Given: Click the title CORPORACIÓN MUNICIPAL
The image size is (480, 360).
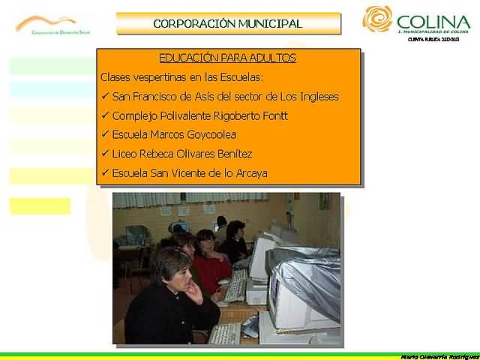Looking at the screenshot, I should click(x=228, y=23).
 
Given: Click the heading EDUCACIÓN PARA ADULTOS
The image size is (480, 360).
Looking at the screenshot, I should click(x=227, y=58).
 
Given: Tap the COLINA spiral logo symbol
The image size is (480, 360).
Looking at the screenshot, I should click(x=377, y=19).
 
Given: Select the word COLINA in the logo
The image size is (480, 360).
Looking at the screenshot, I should click(x=433, y=21).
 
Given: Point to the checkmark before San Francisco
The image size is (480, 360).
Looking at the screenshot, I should click(x=104, y=97).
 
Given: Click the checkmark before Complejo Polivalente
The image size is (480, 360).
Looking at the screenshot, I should click(x=104, y=116).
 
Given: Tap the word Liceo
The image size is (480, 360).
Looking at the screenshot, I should click(x=124, y=154).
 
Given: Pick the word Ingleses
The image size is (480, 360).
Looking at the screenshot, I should click(x=315, y=97).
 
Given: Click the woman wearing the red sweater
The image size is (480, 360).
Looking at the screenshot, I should click(x=209, y=259).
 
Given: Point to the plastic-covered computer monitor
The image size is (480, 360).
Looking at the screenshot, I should click(x=304, y=289).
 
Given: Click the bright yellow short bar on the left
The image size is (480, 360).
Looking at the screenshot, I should click(x=40, y=205).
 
